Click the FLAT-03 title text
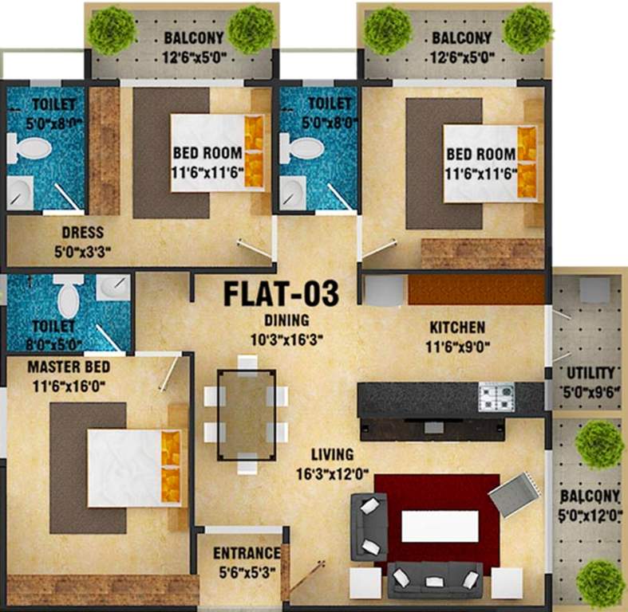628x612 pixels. coord(280,293)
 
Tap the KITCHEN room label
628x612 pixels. coord(457,328)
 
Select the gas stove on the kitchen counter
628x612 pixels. coord(496,396)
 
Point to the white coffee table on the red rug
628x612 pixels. coord(440,526)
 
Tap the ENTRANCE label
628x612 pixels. coord(247,553)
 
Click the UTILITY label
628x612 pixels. coord(590,373)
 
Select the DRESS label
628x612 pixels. coord(82,233)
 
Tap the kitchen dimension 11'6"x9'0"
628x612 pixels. coord(457,345)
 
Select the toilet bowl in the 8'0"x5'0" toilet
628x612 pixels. coord(68,297)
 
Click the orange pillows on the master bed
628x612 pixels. coord(170,466)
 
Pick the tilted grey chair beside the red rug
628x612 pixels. coord(514,494)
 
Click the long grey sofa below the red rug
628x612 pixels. coord(435,579)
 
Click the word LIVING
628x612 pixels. coord(333,454)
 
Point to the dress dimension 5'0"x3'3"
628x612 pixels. coord(82,250)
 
